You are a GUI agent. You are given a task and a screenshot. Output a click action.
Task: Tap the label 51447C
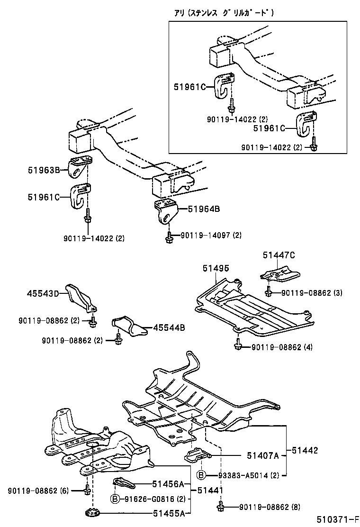(x=279, y=255)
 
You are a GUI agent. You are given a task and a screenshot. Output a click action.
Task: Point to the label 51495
(x=216, y=268)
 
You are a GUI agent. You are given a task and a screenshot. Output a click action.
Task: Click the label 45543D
(x=42, y=294)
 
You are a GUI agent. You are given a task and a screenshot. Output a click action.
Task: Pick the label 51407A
(x=263, y=455)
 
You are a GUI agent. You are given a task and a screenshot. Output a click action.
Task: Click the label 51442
(x=304, y=450)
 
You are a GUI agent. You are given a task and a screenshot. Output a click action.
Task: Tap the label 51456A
(x=168, y=484)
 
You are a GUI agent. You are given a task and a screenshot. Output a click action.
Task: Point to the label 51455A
(x=168, y=513)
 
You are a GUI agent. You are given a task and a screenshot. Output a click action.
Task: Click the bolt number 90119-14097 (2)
(x=211, y=235)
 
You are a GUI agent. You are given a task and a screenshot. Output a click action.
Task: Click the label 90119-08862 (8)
(x=262, y=507)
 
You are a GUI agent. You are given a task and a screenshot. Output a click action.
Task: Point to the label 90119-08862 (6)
(x=38, y=491)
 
